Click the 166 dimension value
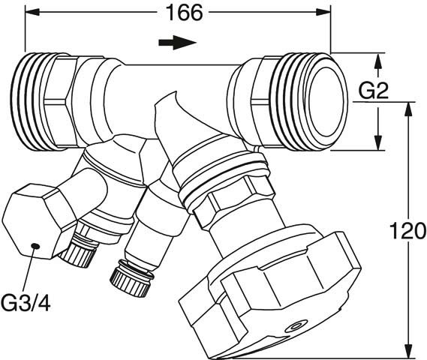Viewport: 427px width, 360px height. click(x=185, y=13)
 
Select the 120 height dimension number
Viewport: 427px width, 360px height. click(x=407, y=230)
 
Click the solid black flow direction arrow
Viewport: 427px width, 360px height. click(x=178, y=43)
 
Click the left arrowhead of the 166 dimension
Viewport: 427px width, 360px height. click(x=32, y=12)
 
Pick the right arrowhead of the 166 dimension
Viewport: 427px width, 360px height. click(x=323, y=12)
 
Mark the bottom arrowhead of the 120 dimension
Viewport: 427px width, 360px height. click(x=407, y=350)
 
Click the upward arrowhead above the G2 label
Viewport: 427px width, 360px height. click(x=377, y=61)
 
